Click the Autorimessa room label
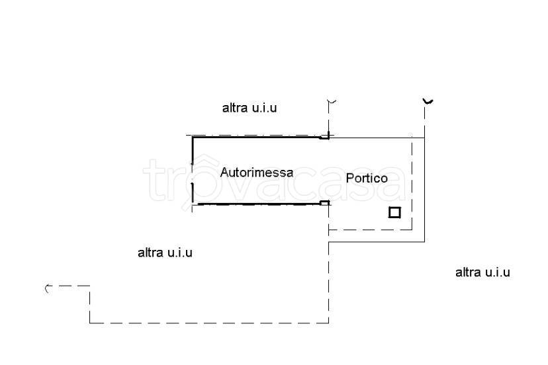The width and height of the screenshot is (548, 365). [x=257, y=172]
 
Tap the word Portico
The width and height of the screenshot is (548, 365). [x=367, y=178]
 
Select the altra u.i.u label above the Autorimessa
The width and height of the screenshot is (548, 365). [x=250, y=108]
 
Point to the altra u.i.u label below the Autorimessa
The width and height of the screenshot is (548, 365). [x=165, y=252]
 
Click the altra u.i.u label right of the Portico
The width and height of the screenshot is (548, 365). [x=482, y=272]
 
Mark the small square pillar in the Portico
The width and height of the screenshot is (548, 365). [x=394, y=212]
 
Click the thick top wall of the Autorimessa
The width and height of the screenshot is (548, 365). [x=257, y=138]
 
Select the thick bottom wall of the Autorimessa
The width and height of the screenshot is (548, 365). [x=259, y=204]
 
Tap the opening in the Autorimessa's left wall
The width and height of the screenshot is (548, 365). [x=192, y=174]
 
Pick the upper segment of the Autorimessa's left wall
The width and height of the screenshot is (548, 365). [x=192, y=151]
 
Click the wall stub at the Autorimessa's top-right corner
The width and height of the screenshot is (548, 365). [x=325, y=137]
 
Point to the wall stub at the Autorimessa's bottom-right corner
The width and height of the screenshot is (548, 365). [x=325, y=202]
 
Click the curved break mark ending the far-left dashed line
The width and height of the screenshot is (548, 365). [x=48, y=289]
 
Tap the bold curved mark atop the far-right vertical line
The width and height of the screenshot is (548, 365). [x=428, y=102]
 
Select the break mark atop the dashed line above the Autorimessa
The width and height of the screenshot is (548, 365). [x=332, y=102]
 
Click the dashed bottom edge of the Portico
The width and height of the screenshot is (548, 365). [x=371, y=230]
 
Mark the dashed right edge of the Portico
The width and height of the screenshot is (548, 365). [x=412, y=184]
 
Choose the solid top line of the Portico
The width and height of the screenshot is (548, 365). [x=377, y=138]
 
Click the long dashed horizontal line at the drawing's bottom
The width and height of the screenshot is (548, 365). [x=209, y=323]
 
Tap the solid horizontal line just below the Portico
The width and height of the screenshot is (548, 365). [x=377, y=242]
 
